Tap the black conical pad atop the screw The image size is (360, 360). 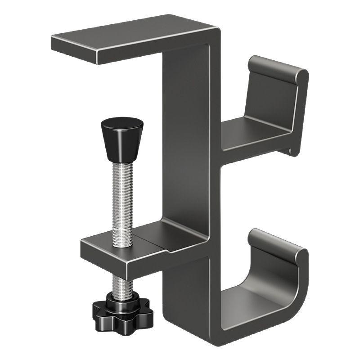click(x=121, y=139)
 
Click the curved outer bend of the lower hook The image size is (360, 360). click(x=299, y=292)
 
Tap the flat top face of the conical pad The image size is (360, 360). click(x=121, y=122)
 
